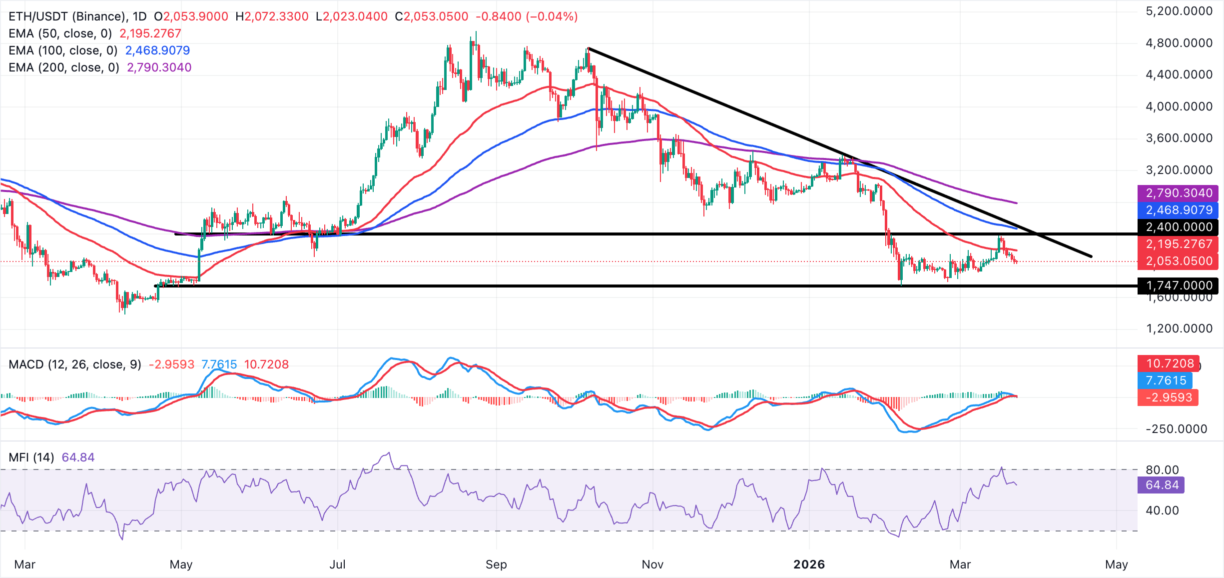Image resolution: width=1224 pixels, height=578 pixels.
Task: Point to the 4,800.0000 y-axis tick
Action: [x=1179, y=43]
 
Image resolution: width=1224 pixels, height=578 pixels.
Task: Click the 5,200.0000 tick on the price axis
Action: [x=1179, y=11]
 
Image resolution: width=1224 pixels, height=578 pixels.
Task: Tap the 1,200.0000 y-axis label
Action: [x=1179, y=328]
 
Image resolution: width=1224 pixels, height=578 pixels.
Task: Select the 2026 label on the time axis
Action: [x=809, y=564]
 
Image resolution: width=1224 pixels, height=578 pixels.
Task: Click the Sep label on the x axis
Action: [x=496, y=564]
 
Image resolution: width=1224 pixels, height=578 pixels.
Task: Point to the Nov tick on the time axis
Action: [x=652, y=564]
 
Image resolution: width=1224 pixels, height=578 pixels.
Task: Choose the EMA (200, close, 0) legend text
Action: [x=64, y=67]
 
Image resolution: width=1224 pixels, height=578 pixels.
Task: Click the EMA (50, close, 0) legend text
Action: [x=60, y=33]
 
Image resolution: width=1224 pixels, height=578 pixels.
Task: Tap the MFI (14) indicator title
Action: [x=31, y=457]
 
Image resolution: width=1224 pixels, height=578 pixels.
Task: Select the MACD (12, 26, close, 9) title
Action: [x=75, y=364]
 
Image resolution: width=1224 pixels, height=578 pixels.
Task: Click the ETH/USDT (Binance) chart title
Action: [x=67, y=16]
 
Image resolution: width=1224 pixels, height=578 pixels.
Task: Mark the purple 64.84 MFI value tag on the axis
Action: [x=1161, y=485]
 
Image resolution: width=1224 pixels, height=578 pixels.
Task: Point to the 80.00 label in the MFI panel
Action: [x=1162, y=470]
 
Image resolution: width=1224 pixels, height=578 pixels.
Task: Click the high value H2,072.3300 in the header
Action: [x=272, y=16]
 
